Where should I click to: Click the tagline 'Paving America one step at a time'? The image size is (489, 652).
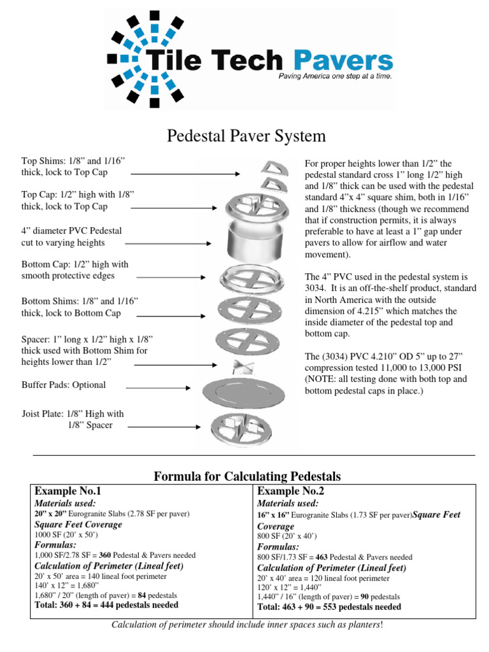coord(335,76)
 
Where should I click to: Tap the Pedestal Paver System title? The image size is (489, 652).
coord(246,136)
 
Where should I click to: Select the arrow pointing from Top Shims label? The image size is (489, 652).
coord(185,173)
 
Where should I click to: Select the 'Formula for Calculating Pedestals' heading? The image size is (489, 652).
coord(248,476)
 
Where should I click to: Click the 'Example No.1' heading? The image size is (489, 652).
coord(67,491)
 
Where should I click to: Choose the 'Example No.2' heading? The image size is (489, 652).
coord(290,491)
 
